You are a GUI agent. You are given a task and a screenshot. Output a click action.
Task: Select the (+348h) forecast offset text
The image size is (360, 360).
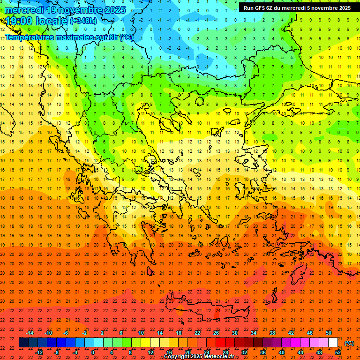click(83, 21)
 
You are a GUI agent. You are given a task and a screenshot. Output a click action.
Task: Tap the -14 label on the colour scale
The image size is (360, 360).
click(30, 333)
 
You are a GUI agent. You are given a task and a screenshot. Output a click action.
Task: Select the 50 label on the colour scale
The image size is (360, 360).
click(329, 333)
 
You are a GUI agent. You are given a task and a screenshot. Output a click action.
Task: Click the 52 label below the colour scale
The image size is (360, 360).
click(338, 352)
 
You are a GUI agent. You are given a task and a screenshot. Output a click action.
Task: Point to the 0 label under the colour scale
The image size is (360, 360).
click(93, 352)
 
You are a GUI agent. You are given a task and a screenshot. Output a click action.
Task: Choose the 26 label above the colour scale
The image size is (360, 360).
click(216, 333)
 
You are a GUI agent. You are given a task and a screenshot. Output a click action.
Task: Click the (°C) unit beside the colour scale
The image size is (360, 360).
click(349, 343)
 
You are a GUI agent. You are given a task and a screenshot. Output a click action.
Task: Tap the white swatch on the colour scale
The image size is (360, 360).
click(333, 343)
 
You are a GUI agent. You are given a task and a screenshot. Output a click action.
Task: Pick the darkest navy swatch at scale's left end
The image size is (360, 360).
click(23, 343)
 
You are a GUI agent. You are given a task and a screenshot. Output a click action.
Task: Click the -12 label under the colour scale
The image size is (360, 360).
click(39, 352)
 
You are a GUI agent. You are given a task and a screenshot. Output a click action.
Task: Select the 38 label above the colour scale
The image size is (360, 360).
click(272, 333)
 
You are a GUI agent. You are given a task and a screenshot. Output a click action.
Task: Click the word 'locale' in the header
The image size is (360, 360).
click(52, 21)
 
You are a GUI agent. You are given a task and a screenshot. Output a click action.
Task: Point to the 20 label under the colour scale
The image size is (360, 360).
click(187, 352)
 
